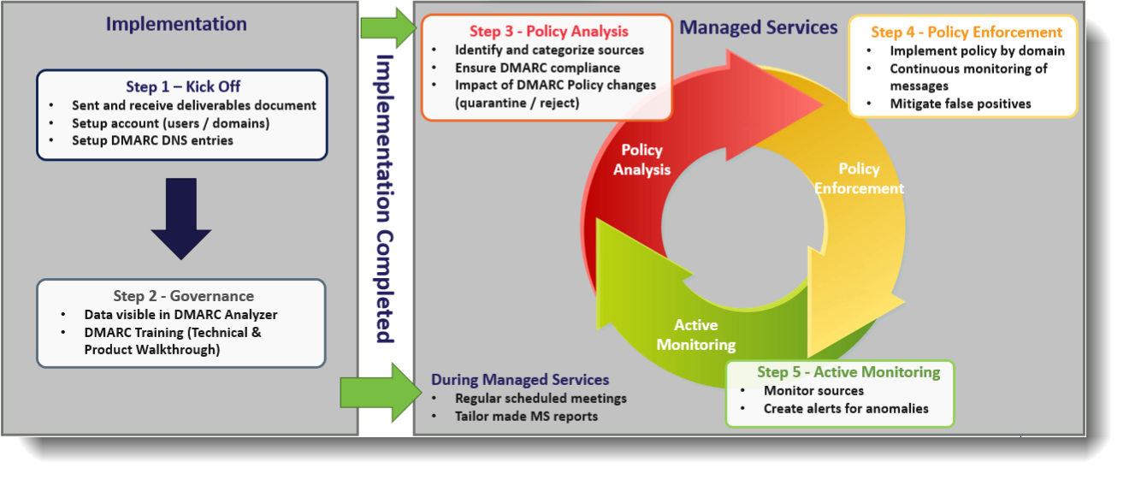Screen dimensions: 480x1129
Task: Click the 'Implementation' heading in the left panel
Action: tap(176, 24)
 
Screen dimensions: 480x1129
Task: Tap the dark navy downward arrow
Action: tap(181, 217)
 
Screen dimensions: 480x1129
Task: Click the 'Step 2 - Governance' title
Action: tap(183, 296)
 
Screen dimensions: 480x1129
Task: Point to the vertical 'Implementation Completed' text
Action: tap(385, 199)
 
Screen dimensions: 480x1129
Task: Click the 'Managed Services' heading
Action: tap(758, 27)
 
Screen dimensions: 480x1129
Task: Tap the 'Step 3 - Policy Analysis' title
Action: tap(548, 33)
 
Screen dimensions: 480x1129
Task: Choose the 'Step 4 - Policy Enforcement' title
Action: tap(966, 33)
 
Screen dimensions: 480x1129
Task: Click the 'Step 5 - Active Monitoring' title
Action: tap(848, 372)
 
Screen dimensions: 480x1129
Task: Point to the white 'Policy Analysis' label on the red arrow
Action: tap(641, 159)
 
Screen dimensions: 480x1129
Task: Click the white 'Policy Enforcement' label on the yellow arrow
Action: tap(859, 178)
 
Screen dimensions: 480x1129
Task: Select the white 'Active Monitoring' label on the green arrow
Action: tap(695, 335)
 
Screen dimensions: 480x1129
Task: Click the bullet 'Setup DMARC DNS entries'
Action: tap(152, 140)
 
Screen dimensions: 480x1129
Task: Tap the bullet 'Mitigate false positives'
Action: tap(960, 104)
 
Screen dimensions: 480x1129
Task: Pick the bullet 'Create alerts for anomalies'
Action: tap(845, 409)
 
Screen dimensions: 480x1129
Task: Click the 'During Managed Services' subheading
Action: tap(520, 380)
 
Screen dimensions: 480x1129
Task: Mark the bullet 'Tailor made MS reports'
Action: tap(525, 417)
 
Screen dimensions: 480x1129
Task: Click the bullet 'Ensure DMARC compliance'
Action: tap(537, 68)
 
